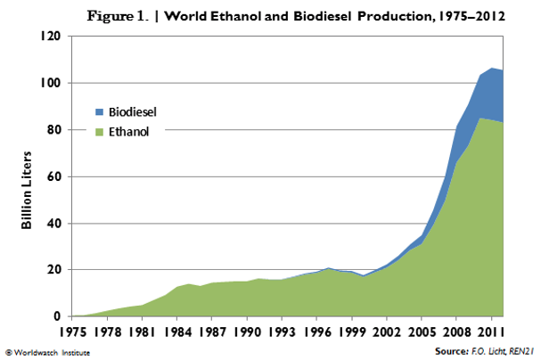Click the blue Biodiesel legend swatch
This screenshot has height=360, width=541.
[100, 112]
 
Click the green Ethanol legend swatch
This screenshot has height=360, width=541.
[100, 131]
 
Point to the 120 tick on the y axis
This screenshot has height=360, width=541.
[49, 37]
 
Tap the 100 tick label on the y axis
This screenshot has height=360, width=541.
[49, 83]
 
